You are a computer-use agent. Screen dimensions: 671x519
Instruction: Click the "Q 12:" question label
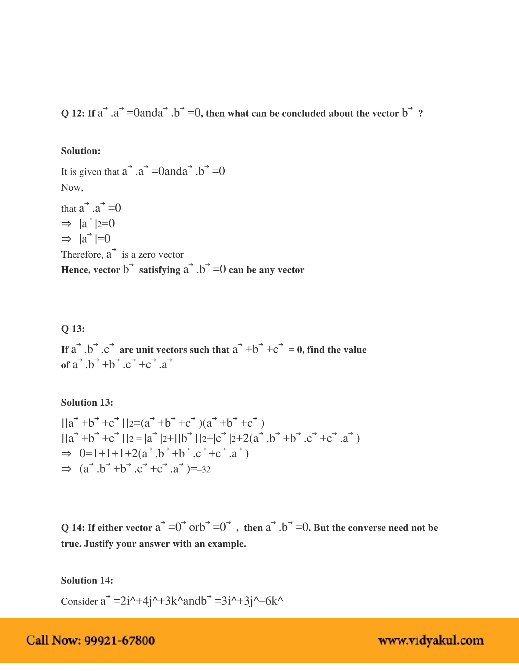73,113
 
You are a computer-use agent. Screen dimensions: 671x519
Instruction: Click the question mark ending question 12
420,113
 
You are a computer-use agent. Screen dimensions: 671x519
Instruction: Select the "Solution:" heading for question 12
81,151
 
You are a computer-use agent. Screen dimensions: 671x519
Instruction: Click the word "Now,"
72,187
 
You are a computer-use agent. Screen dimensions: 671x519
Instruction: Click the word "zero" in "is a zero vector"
146,255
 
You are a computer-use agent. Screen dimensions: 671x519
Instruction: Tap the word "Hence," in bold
76,270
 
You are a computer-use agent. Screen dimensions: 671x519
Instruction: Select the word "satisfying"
160,270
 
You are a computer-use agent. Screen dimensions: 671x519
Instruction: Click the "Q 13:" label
73,329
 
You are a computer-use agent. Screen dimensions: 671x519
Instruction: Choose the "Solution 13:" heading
87,403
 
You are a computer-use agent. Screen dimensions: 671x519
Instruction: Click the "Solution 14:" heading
87,580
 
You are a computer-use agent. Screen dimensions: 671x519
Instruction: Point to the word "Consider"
79,601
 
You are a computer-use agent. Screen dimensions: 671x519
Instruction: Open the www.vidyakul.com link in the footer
430,640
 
